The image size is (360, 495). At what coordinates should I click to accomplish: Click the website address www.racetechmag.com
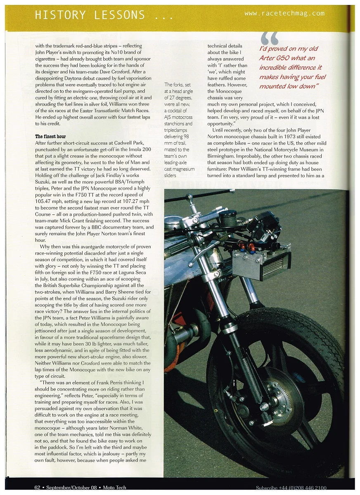tap(284, 14)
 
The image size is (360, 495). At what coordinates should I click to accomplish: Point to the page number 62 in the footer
tap(37, 487)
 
